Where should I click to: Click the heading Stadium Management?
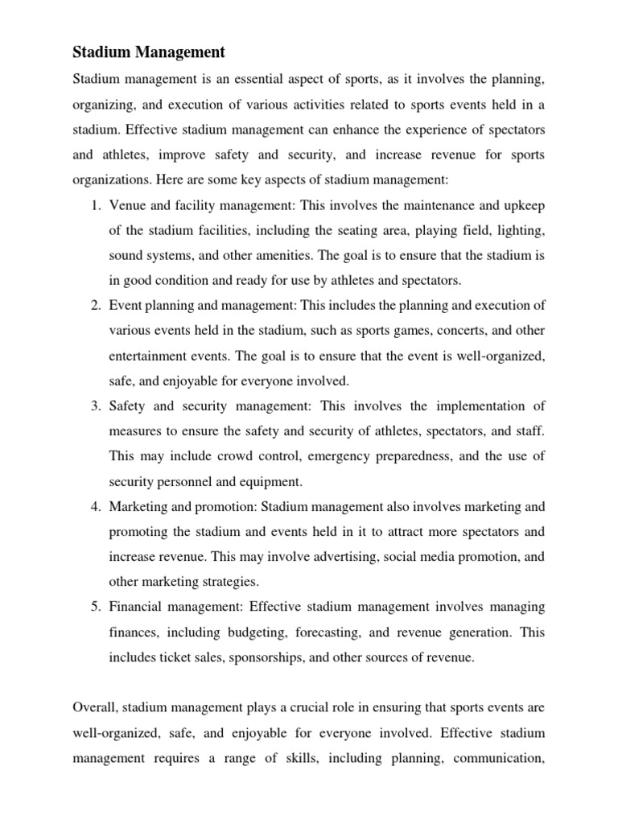click(149, 53)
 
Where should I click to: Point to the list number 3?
click(93, 406)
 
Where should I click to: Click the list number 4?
click(93, 507)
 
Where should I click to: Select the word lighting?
click(520, 232)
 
